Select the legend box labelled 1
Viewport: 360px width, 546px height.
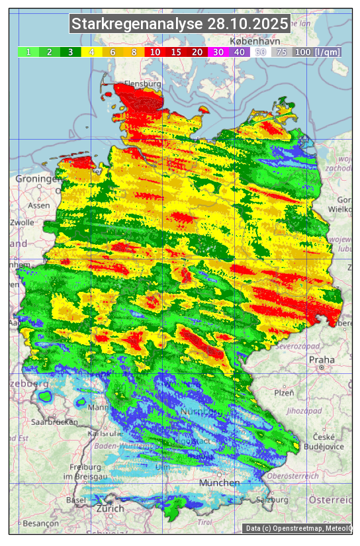coord(28,52)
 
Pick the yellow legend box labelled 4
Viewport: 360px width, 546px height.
coord(92,52)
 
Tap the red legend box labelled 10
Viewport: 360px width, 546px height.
coord(155,52)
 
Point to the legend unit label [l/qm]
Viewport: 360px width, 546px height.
coord(328,52)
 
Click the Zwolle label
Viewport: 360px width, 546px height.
coord(22,222)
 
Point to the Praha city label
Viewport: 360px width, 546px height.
coord(322,360)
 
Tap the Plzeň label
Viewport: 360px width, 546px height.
coord(283,392)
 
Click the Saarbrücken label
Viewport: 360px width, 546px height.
coord(54,422)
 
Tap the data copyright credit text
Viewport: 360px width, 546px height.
coord(298,528)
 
